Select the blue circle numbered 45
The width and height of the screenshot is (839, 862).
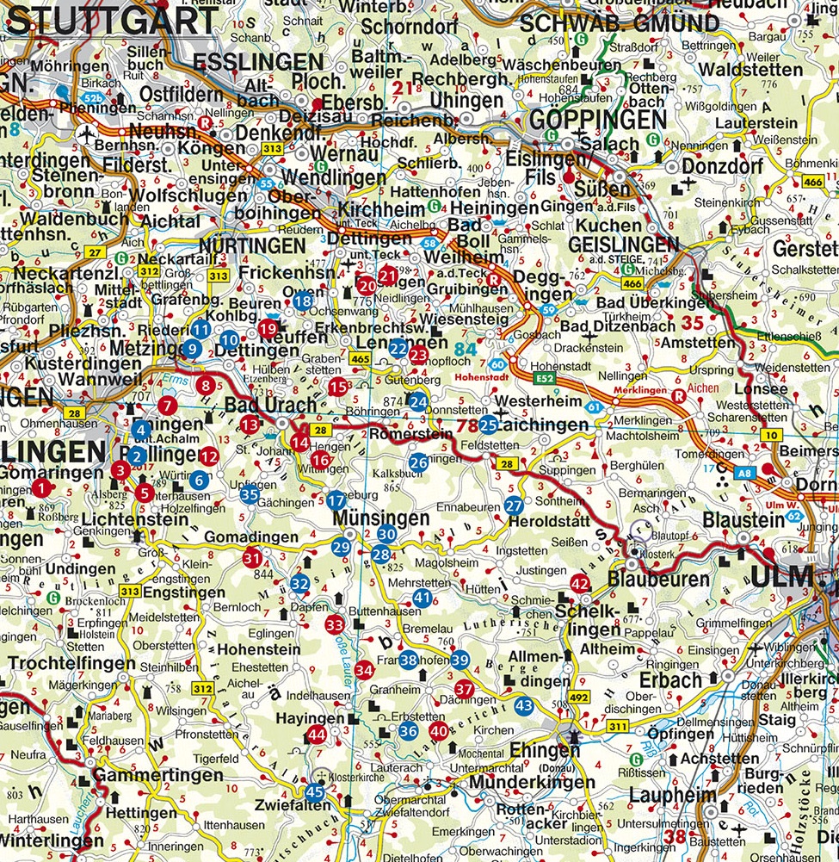(315, 793)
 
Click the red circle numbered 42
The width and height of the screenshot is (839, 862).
(581, 585)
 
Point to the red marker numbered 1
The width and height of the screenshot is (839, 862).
(40, 488)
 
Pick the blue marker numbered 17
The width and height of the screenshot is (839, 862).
(336, 501)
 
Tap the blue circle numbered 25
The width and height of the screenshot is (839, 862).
(489, 424)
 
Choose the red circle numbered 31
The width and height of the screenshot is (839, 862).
(252, 558)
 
